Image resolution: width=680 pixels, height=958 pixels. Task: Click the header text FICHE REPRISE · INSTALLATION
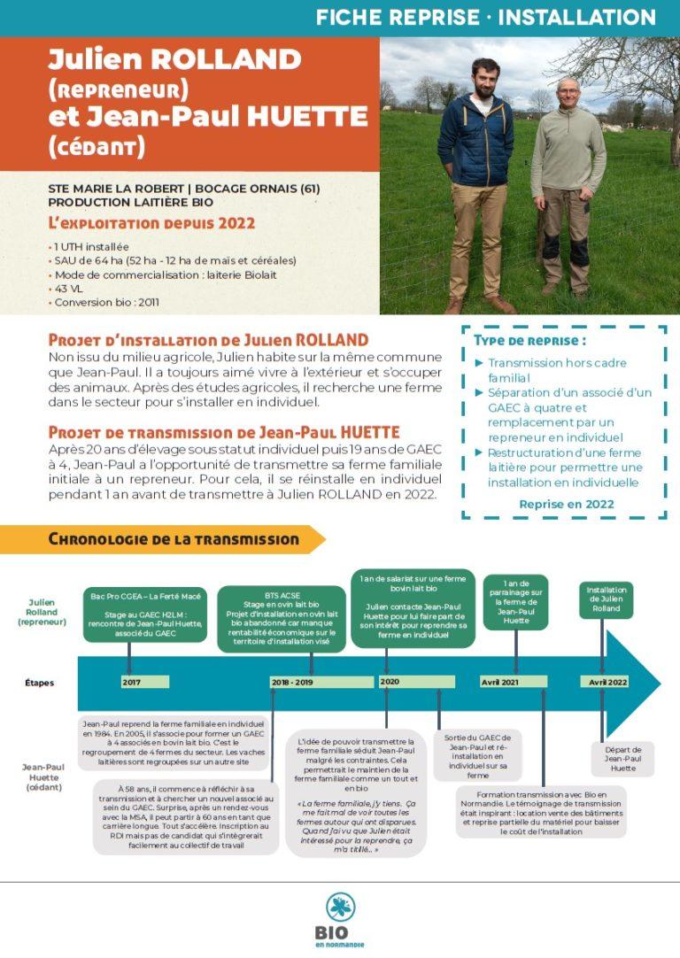pyautogui.click(x=485, y=18)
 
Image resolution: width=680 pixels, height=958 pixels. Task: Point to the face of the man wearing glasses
pyautogui.click(x=568, y=91)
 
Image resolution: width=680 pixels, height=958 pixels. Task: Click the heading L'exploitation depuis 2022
pyautogui.click(x=151, y=223)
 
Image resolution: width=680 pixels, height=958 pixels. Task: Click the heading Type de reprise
pyautogui.click(x=529, y=340)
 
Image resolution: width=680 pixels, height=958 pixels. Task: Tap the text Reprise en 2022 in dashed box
pyautogui.click(x=567, y=504)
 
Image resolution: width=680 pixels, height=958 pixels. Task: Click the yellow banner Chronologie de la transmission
pyautogui.click(x=174, y=538)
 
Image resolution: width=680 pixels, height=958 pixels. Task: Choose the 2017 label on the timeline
pyautogui.click(x=133, y=682)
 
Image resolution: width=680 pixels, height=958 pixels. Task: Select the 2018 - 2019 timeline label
pyautogui.click(x=292, y=682)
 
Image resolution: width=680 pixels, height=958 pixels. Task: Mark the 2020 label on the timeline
pyautogui.click(x=390, y=681)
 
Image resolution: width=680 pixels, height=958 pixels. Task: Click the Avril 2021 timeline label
pyautogui.click(x=500, y=682)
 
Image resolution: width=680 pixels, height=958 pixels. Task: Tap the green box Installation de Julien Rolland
pyautogui.click(x=606, y=599)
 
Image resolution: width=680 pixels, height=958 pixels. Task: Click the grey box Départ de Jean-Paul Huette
pyautogui.click(x=623, y=759)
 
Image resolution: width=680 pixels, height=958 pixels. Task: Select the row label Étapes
pyautogui.click(x=41, y=683)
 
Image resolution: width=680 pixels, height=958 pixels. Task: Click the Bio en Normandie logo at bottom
pyautogui.click(x=339, y=918)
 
